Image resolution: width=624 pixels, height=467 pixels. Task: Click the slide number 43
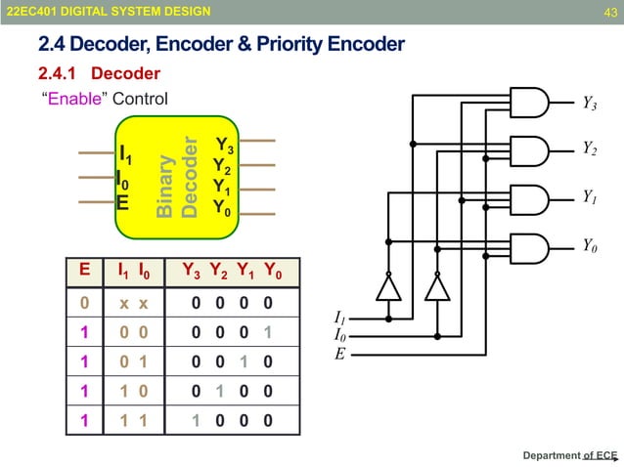coord(607,11)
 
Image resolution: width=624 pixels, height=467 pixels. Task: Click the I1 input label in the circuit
coord(340,318)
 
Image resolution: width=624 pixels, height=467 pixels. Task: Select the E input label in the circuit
coord(339,354)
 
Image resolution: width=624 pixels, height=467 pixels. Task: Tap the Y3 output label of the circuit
coord(590,102)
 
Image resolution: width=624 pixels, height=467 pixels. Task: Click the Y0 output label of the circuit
coord(590,245)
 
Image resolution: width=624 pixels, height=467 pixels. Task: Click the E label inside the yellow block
coord(122,203)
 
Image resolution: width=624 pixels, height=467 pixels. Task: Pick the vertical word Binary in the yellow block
coord(165,185)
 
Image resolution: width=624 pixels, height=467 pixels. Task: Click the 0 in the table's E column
coord(85,304)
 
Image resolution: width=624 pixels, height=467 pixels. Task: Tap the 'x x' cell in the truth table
coord(134,304)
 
